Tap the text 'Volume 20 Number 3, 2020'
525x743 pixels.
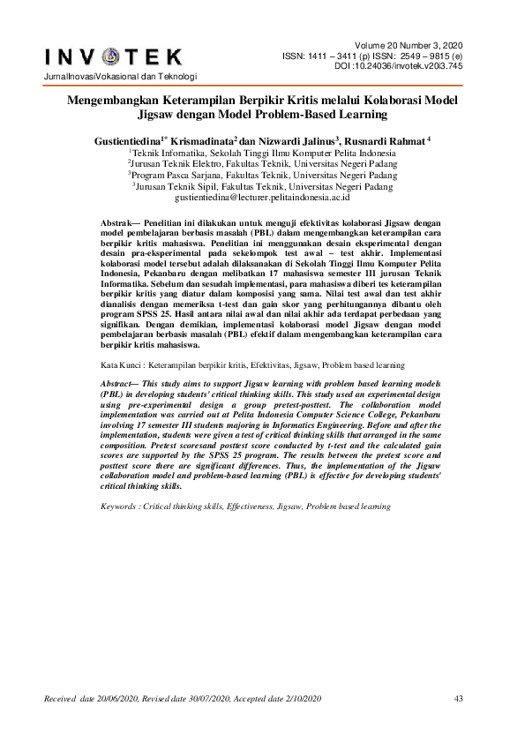coord(412,45)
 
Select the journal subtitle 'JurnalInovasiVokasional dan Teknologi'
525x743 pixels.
coord(113,80)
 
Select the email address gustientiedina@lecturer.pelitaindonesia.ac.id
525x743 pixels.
coord(262,199)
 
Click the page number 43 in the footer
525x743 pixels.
coord(458,700)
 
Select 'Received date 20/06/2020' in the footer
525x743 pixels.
coord(97,700)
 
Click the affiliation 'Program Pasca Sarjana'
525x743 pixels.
coord(173,175)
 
